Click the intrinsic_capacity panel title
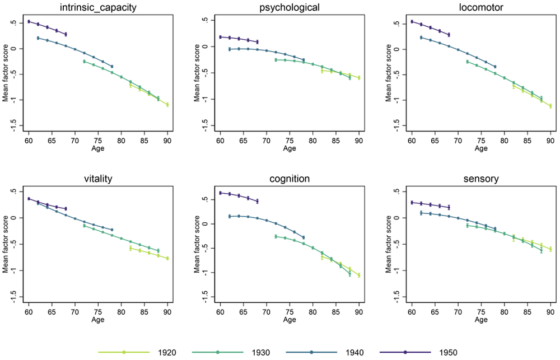tap(97, 7)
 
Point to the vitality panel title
tap(97, 179)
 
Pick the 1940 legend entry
tap(325, 352)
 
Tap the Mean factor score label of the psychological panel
tap(197, 73)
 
